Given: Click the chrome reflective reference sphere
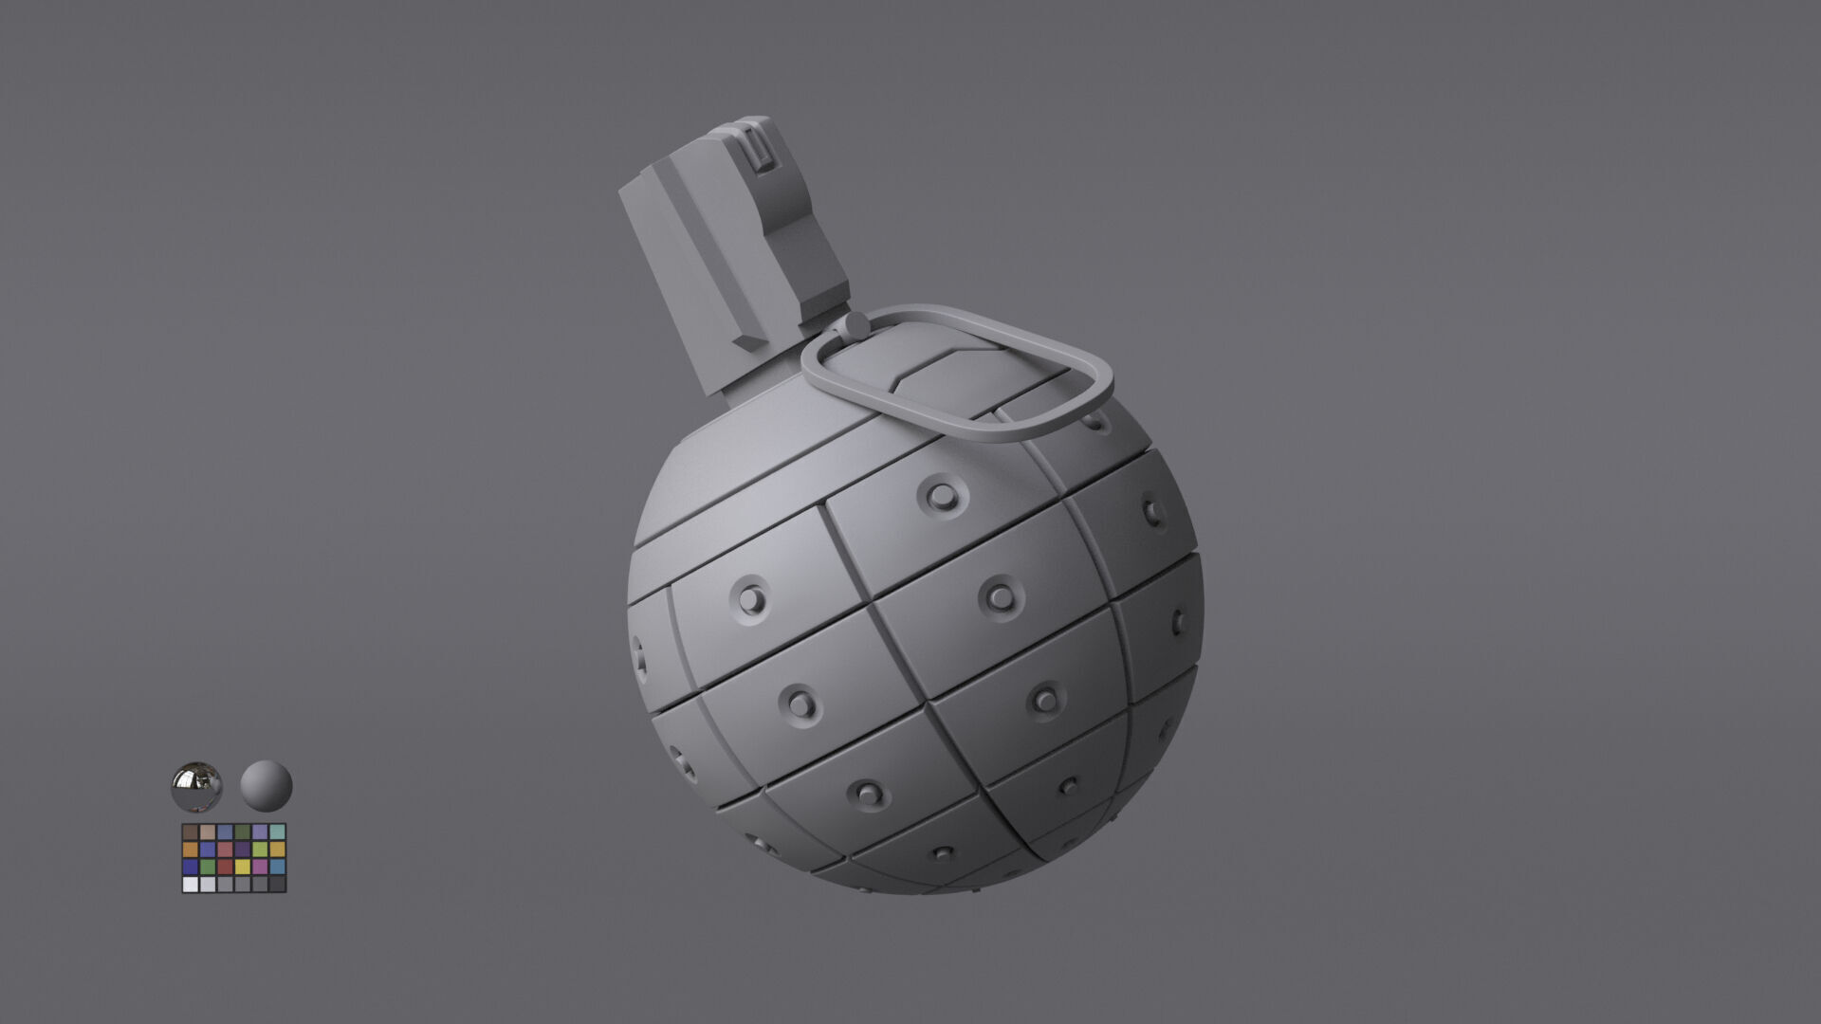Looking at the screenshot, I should click(196, 786).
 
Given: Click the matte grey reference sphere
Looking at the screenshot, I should click(266, 786).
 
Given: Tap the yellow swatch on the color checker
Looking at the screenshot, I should click(243, 867).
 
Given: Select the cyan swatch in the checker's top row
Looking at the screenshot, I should click(277, 832).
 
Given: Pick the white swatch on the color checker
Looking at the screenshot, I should click(191, 884).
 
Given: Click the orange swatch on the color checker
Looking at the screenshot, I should click(191, 850).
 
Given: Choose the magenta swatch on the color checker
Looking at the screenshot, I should click(260, 867).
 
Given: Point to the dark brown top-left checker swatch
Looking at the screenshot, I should click(191, 832).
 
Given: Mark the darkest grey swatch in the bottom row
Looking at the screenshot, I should click(277, 884).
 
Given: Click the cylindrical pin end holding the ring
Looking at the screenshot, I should click(854, 325).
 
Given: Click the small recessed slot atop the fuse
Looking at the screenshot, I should click(759, 150).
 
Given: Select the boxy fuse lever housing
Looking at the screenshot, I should click(730, 256).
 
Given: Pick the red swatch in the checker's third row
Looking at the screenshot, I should click(225, 867).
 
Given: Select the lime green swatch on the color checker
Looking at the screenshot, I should click(260, 850).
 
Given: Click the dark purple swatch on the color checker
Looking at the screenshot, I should click(243, 850).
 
